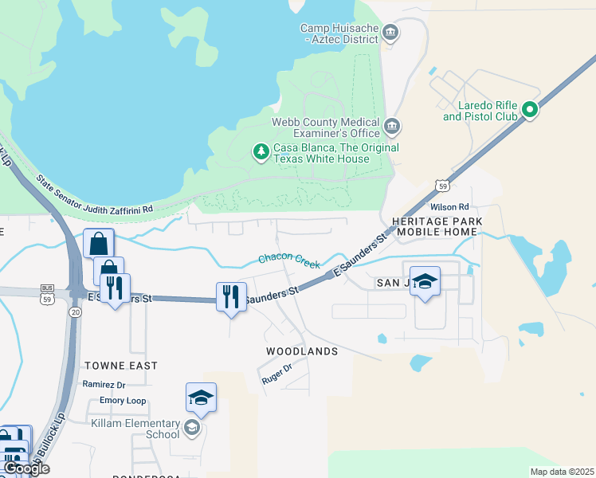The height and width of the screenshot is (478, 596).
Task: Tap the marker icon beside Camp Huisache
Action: pyautogui.click(x=391, y=33)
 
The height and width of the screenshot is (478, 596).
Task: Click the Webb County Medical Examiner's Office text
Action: pyautogui.click(x=326, y=127)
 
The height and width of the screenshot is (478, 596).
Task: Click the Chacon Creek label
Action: pyautogui.click(x=288, y=260)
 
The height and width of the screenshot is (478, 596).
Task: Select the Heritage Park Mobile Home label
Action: pyautogui.click(x=437, y=225)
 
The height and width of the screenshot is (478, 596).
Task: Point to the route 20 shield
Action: pyautogui.click(x=75, y=313)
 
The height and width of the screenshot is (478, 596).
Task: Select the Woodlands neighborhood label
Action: pyautogui.click(x=302, y=351)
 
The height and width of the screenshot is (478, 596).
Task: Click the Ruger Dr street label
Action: pyautogui.click(x=277, y=375)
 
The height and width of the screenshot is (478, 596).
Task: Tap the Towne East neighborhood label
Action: pyautogui.click(x=120, y=366)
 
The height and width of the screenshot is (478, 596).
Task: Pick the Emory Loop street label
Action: pyautogui.click(x=123, y=401)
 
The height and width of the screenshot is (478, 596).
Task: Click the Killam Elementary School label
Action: pyautogui.click(x=135, y=429)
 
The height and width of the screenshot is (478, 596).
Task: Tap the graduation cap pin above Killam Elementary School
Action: pyautogui.click(x=201, y=398)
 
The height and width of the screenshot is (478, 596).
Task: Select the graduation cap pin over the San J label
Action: pyautogui.click(x=425, y=280)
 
